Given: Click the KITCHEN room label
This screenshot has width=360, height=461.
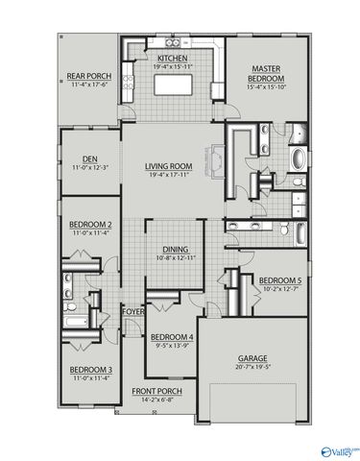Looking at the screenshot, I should point(173,58).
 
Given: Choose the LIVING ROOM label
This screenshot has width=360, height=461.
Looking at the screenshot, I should point(175,166).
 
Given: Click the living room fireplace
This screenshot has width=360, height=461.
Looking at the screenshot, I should point(218,158).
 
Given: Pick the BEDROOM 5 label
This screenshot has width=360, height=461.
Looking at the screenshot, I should point(279,280).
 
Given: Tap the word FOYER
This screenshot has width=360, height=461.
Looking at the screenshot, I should point(132,310).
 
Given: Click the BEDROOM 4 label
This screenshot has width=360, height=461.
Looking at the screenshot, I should point(172,336).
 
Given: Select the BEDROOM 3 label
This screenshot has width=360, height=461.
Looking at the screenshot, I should point(90,370).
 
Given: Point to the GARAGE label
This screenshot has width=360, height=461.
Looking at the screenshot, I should point(252,357).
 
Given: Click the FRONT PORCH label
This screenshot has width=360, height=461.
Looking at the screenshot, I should point(156,390).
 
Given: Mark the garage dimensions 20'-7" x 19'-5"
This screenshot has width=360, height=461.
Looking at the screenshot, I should point(252,367).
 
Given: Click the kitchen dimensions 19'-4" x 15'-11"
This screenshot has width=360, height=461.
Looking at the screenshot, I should point(173,66).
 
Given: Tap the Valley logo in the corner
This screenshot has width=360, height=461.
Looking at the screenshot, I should point(340,449).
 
